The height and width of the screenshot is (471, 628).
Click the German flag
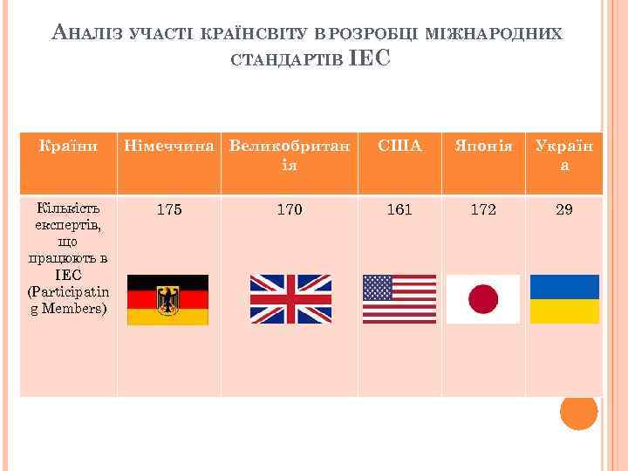tap(167, 300)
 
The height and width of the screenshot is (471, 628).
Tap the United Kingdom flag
tap(290, 299)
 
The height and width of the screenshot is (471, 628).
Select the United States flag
tap(399, 299)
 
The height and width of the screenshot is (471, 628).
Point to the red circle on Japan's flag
tap(483, 299)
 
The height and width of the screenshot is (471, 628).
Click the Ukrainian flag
tap(565, 299)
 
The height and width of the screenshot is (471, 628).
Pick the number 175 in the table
tap(168, 210)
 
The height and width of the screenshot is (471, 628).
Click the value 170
tap(290, 210)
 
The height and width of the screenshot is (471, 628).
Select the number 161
tap(399, 210)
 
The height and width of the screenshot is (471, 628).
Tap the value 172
tap(482, 210)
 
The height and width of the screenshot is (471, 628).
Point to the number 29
tap(564, 210)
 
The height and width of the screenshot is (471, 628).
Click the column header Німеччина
tap(168, 147)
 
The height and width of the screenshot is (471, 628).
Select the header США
tap(399, 147)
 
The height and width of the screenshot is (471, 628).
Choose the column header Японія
tap(482, 147)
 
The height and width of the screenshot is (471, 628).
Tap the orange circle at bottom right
tap(578, 411)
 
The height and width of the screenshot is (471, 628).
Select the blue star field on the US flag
tap(377, 287)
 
